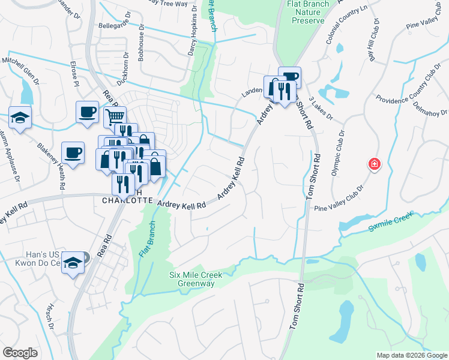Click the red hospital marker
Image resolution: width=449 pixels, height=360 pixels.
pos(374,164)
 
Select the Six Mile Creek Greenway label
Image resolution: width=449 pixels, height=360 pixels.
pos(195,279)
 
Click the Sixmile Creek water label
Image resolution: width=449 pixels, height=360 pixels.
pos(391,221)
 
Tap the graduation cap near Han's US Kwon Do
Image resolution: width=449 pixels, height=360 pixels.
pos(73,263)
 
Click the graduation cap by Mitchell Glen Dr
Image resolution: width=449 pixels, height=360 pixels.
pos(20,117)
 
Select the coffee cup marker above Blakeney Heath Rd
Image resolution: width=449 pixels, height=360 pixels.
pos(73,152)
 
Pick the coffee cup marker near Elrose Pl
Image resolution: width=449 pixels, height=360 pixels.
pos(87,111)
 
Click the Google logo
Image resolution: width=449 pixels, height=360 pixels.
pos(20,353)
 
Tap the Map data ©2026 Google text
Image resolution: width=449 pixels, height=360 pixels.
pos(411,355)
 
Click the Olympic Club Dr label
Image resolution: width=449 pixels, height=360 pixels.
pos(337,153)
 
